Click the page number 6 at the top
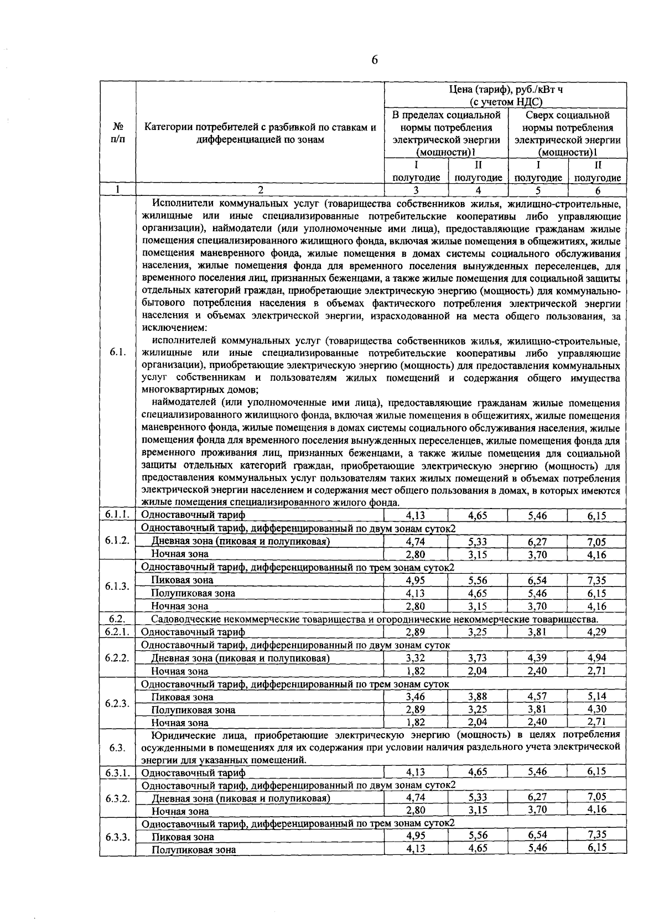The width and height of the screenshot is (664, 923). click(375, 60)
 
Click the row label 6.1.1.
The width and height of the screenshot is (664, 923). click(117, 515)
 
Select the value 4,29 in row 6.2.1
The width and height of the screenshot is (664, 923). click(597, 632)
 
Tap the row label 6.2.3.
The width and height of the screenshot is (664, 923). click(117, 703)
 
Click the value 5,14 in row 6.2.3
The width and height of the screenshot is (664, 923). click(597, 697)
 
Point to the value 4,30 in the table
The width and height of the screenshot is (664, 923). click(597, 709)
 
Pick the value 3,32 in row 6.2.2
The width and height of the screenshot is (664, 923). click(415, 658)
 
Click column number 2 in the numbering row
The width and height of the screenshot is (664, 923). click(260, 190)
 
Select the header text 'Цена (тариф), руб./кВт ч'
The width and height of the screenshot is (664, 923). click(506, 90)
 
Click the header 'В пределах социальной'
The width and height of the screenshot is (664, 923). click(446, 116)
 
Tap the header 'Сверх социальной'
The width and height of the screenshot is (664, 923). click(567, 116)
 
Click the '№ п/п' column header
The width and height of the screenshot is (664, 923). click(117, 133)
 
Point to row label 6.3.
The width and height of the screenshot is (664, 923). click(116, 748)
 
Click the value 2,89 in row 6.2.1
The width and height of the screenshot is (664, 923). click(415, 632)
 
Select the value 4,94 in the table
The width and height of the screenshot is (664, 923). click(597, 658)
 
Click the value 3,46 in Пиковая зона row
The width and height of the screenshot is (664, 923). click(415, 697)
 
